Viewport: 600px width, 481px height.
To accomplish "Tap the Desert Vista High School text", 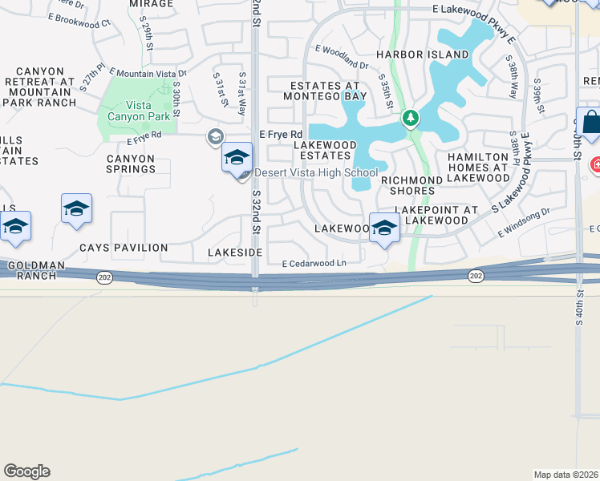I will (x=315, y=172).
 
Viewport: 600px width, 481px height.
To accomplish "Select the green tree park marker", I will (x=410, y=119).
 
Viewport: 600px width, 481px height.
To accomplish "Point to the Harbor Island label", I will (x=422, y=55).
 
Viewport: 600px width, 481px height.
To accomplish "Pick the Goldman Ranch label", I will (x=34, y=270).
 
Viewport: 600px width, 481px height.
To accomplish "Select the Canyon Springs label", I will (x=131, y=164).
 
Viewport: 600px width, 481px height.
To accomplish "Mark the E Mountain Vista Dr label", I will (x=148, y=73).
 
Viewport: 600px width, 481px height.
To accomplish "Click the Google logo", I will (x=26, y=471).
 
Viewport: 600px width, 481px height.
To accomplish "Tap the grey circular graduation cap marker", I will (x=214, y=137).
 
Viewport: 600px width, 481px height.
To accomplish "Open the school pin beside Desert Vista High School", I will (x=237, y=158).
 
